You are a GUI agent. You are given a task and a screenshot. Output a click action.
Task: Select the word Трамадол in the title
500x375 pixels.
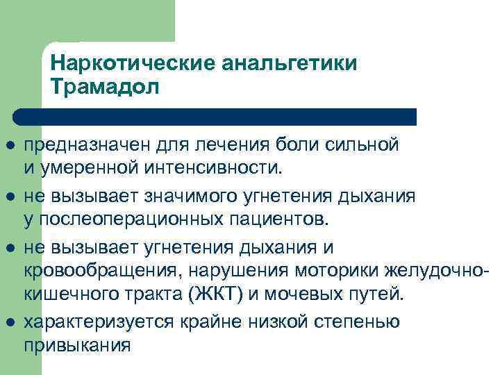[104, 87]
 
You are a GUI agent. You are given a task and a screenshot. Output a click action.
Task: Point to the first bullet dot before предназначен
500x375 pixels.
[15, 146]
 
